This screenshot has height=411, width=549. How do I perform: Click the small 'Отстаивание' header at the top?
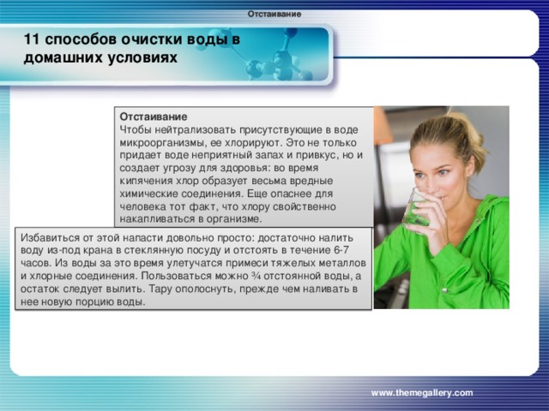click(x=274, y=14)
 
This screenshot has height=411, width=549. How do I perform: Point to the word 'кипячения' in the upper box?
click(x=148, y=182)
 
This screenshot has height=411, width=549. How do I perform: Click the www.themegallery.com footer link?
click(x=421, y=391)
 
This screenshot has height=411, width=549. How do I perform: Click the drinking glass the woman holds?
click(x=418, y=207)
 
